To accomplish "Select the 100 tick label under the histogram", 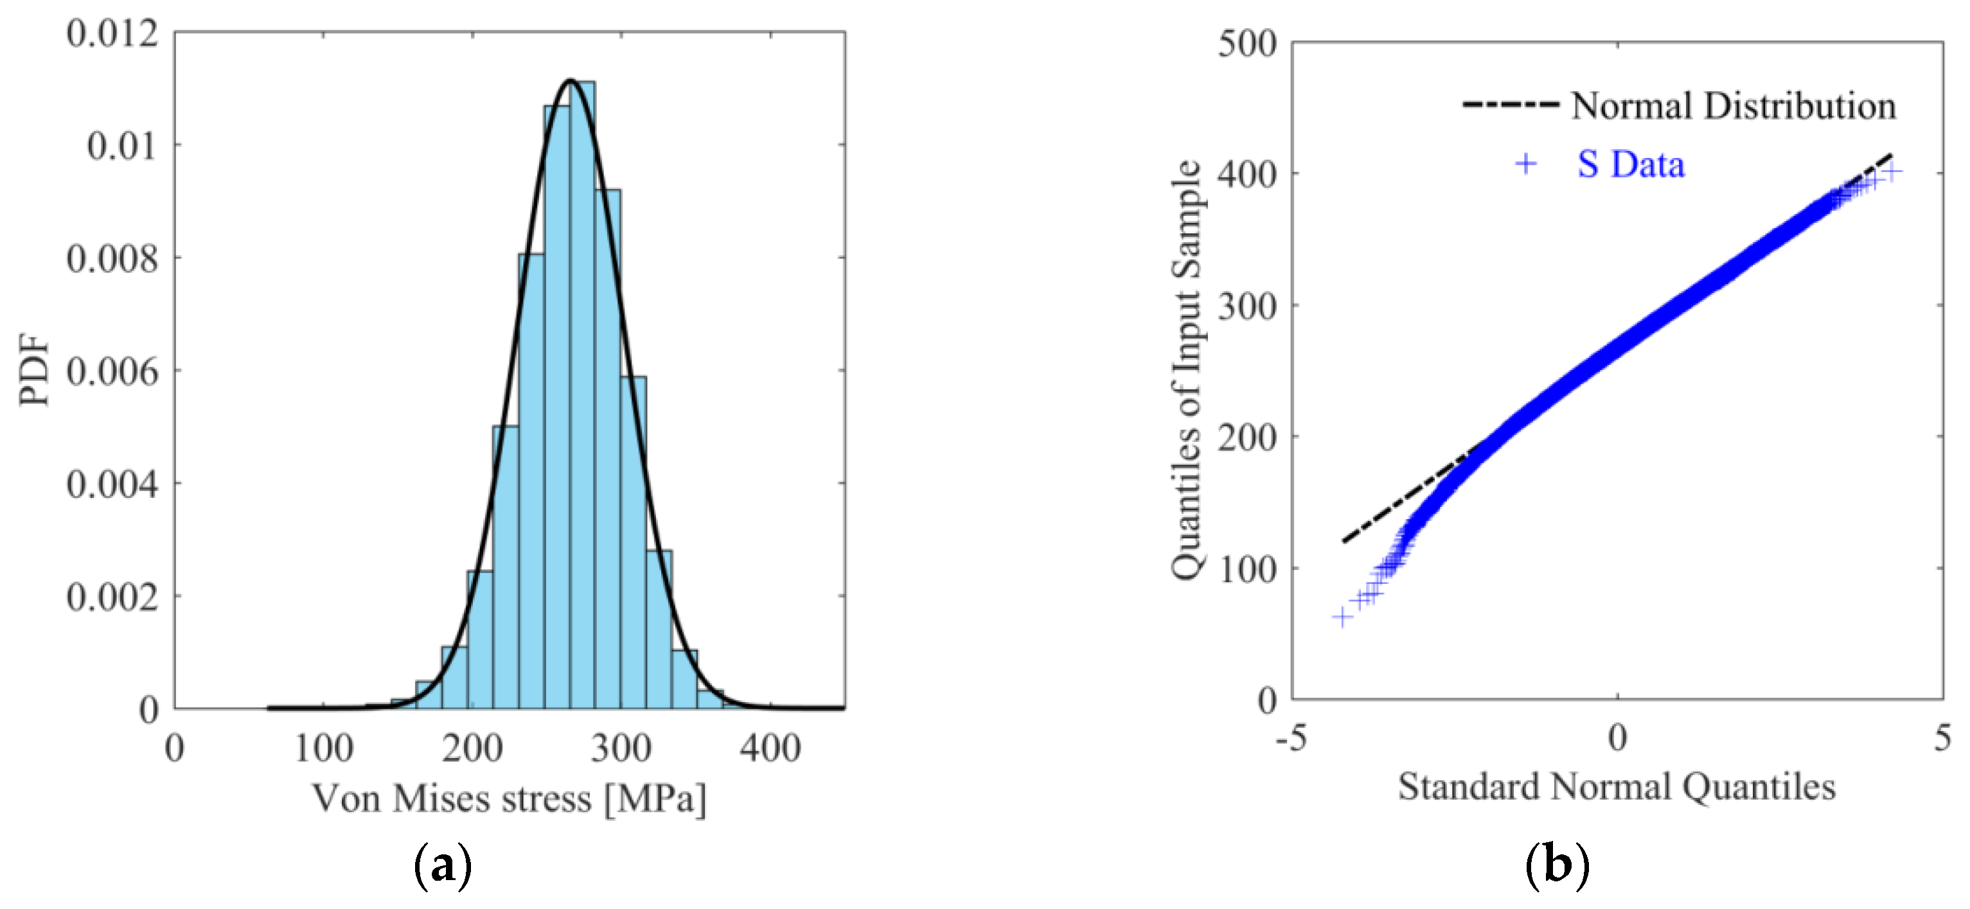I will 323,748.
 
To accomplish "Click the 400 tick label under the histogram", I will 770,748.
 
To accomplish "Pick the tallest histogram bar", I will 582,382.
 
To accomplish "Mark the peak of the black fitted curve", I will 570,80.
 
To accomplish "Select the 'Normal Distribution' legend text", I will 1733,106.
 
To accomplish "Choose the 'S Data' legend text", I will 1631,164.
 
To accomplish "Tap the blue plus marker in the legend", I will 1525,164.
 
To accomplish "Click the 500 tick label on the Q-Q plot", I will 1247,44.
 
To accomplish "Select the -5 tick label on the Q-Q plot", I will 1291,739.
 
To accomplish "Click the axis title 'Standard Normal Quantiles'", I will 1617,788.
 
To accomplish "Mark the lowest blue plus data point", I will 1342,617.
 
